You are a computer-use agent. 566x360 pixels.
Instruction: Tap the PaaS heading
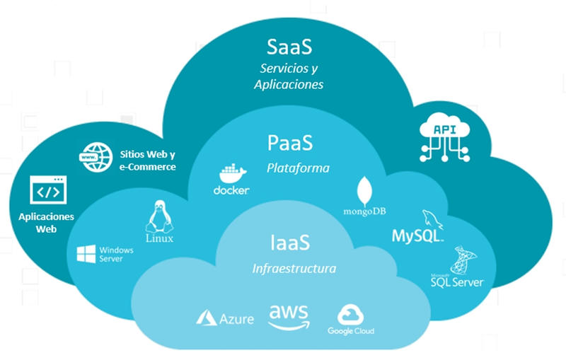(289, 143)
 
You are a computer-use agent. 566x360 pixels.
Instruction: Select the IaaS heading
(290, 243)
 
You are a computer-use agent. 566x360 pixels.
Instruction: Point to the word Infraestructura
(294, 269)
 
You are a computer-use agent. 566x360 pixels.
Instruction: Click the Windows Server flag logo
(86, 254)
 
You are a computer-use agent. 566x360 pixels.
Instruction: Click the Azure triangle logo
(206, 318)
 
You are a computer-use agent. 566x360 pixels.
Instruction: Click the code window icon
(47, 191)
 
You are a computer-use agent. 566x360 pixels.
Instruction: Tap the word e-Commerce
(148, 167)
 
